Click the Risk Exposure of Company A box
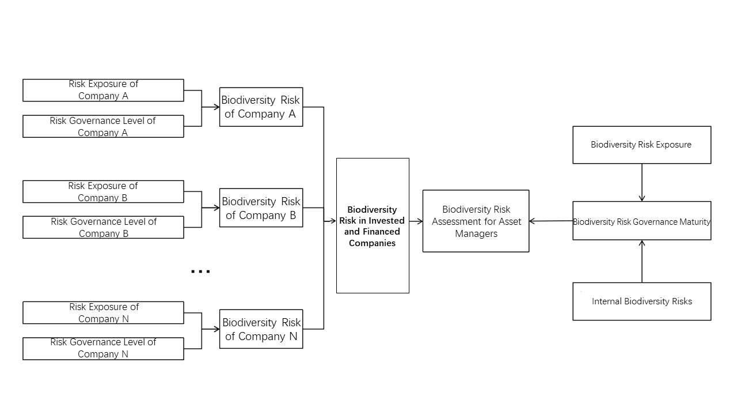[x=103, y=90]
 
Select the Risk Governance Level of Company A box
[x=103, y=126]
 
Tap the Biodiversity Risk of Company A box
[x=261, y=107]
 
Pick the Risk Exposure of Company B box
[x=103, y=191]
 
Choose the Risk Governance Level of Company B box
[x=103, y=227]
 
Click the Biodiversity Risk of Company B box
[x=261, y=207]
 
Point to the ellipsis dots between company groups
[x=200, y=271]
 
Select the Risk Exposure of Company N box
[x=103, y=312]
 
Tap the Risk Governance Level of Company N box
[x=103, y=348]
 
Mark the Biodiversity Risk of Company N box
[x=261, y=329]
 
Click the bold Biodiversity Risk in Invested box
[x=373, y=225]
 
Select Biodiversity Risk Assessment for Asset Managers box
[x=476, y=221]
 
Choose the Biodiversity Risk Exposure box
[x=641, y=145]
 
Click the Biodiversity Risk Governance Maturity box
[x=641, y=221]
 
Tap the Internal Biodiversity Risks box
[x=641, y=301]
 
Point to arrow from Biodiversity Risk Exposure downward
[x=642, y=182]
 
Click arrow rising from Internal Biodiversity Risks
[x=642, y=261]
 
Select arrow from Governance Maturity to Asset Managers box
[x=550, y=221]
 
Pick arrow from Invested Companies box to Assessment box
[x=416, y=221]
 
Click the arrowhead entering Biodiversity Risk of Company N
[x=216, y=329]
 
